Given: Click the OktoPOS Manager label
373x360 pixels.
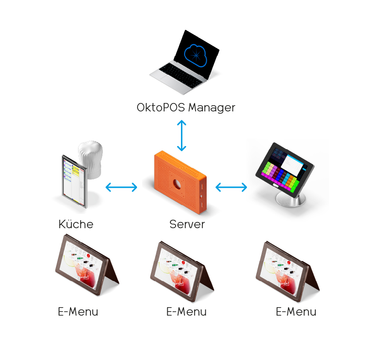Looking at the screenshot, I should [186, 108].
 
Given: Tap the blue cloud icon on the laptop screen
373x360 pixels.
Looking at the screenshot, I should [196, 55].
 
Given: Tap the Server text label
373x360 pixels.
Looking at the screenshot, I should [187, 224].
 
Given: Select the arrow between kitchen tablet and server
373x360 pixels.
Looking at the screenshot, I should [122, 187].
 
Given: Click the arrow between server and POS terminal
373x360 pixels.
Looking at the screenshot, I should [231, 187].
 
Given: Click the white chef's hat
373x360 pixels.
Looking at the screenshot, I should [90, 160].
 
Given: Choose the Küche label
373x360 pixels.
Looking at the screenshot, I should [76, 224].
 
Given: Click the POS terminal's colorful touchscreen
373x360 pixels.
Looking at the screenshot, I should [283, 169].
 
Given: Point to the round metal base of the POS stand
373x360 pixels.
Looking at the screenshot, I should [291, 200].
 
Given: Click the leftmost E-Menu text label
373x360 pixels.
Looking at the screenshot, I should [78, 312].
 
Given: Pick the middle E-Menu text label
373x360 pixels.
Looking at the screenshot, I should [186, 312].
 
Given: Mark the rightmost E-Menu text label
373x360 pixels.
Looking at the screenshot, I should [296, 312].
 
